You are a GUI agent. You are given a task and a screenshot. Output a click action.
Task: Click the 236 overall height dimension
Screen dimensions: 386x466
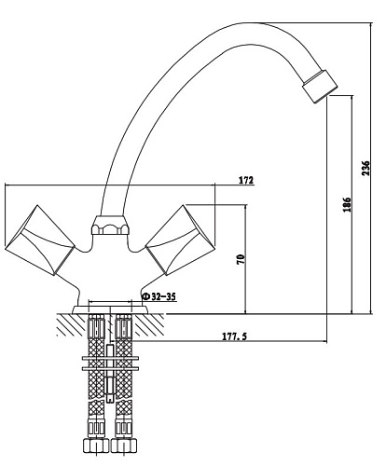click(x=366, y=168)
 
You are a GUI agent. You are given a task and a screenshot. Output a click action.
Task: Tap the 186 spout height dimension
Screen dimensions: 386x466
click(x=347, y=204)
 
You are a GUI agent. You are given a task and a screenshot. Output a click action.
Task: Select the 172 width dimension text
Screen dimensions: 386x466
click(x=246, y=180)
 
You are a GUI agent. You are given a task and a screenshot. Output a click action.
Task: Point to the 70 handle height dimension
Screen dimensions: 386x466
click(x=241, y=259)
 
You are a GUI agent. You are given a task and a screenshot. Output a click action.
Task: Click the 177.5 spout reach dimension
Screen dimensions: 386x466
click(x=234, y=336)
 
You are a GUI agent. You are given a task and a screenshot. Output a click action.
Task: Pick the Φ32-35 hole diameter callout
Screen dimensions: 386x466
click(x=159, y=296)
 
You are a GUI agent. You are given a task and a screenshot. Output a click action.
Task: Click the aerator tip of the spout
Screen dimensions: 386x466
click(x=320, y=87)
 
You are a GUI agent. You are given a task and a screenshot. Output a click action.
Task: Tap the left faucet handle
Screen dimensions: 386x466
click(x=40, y=240)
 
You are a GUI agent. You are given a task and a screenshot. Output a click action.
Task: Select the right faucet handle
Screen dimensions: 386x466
click(x=175, y=240)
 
